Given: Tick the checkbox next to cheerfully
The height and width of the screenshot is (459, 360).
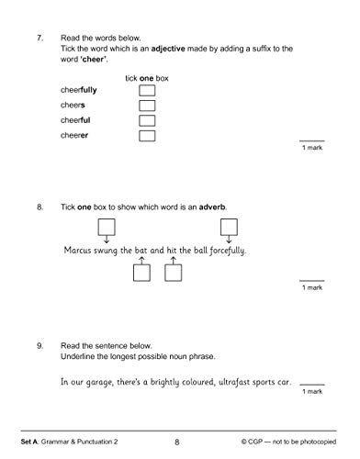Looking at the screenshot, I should click(x=146, y=92).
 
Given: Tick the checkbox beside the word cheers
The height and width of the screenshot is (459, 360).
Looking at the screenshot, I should click(x=146, y=106).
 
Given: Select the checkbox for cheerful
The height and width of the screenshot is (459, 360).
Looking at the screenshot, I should click(x=146, y=121).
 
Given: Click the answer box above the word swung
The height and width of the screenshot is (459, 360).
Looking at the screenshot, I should click(x=107, y=227).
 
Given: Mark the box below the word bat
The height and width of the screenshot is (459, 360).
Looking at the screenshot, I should click(x=141, y=272).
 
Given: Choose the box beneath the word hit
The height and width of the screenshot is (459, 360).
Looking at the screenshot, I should click(x=172, y=272).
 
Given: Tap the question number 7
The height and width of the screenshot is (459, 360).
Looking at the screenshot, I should click(x=40, y=40).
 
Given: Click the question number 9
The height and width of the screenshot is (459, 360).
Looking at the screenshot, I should click(x=40, y=345).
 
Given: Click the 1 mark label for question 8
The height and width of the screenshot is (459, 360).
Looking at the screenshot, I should click(x=312, y=287).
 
